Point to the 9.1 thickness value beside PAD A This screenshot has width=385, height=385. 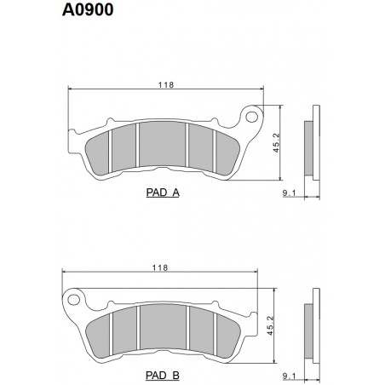tap(289, 193)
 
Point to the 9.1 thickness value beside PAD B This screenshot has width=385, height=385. tap(289, 375)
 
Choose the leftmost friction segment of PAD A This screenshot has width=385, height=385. tap(101, 150)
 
